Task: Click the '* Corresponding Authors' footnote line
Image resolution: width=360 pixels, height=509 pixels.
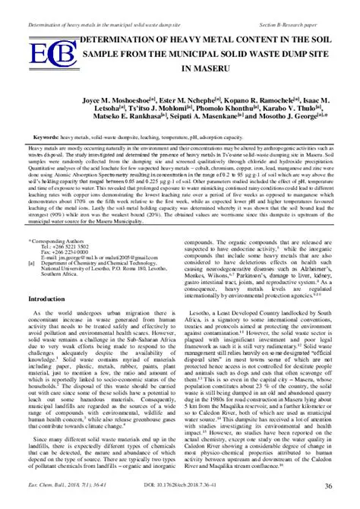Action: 64,239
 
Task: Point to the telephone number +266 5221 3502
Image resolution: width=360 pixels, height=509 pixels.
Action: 82,246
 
